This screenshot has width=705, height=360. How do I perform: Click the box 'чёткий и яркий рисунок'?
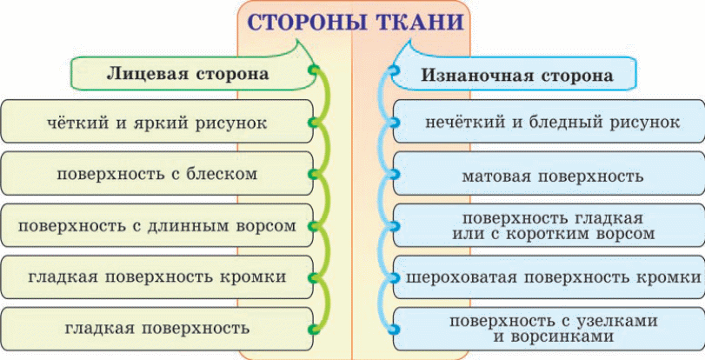[156, 121]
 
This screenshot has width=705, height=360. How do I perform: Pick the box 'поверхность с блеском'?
[156, 173]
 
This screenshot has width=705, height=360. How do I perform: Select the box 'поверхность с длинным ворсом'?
[156, 225]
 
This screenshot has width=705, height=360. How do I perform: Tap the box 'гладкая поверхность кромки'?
[156, 277]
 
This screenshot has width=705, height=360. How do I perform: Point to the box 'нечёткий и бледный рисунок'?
[549, 121]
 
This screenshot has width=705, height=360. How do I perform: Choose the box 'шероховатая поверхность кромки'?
[549, 277]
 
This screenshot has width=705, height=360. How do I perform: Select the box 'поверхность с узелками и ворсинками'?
[549, 329]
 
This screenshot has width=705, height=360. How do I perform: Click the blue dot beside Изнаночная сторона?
[395, 70]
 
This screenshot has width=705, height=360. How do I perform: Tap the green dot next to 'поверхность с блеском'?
[314, 174]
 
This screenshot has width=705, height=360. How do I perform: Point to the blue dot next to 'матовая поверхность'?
[395, 174]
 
